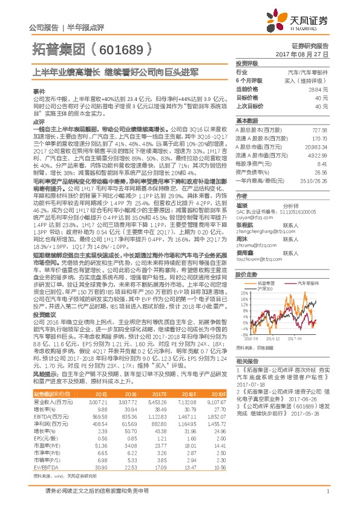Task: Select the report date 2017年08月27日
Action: (308, 54)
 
